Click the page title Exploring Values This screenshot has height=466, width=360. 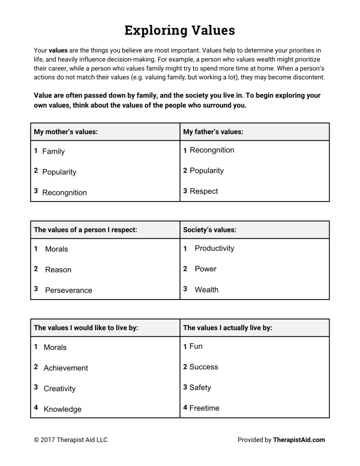point(180,30)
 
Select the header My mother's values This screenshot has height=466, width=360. point(66,132)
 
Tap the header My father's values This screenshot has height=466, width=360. point(213,132)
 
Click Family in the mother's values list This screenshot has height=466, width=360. point(53,151)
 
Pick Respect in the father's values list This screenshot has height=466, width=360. point(203,191)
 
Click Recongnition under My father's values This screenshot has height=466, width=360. point(212,150)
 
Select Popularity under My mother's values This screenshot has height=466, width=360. point(59,172)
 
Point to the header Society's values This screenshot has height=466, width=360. point(210,230)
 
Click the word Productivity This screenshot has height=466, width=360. point(214,248)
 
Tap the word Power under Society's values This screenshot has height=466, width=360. point(205,269)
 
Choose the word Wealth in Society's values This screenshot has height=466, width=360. point(206,290)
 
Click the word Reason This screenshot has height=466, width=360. point(58,270)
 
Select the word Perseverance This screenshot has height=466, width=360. point(68,290)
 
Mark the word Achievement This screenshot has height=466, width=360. point(66,368)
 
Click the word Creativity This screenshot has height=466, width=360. point(60,389)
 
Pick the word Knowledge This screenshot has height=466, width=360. point(62,409)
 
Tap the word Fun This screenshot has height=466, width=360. point(195,346)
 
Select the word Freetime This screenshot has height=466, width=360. point(204,408)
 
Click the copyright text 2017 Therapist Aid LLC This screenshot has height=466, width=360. point(71,440)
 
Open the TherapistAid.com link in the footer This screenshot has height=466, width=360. point(299,440)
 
